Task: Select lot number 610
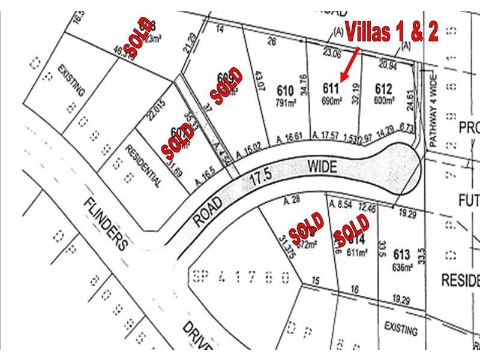tap(285, 91)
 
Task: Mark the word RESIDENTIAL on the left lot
tap(143, 165)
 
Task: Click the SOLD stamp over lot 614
tap(352, 230)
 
